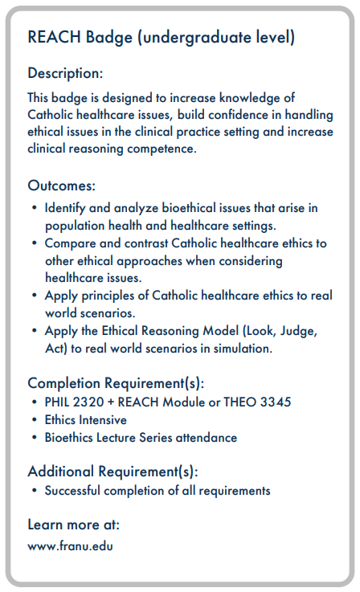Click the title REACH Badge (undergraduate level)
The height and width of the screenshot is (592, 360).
click(161, 37)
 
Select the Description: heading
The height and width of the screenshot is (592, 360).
click(65, 73)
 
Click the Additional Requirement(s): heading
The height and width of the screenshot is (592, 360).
click(112, 471)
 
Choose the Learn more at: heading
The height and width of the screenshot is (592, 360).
click(73, 525)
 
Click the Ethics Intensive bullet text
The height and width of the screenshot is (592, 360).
click(85, 419)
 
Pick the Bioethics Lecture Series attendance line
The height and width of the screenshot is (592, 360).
click(141, 438)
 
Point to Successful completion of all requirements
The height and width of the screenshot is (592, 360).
click(157, 490)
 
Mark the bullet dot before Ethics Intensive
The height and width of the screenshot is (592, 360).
click(35, 420)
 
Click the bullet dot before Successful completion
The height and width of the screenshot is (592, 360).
click(35, 490)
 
